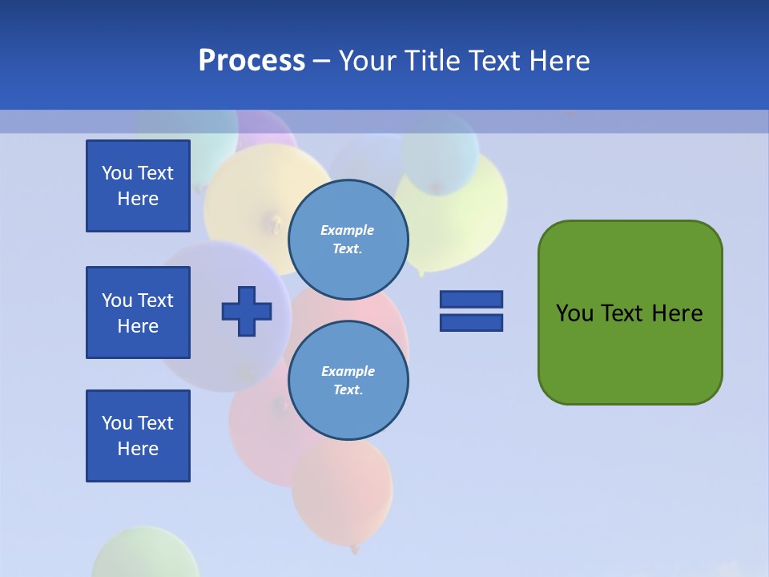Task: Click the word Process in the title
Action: click(x=252, y=61)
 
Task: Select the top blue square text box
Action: click(x=138, y=186)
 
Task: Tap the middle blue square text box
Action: click(x=138, y=313)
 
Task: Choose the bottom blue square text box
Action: click(x=138, y=436)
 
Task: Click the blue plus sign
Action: click(x=247, y=311)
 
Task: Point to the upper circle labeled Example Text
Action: click(x=348, y=239)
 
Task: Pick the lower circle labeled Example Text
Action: click(x=348, y=380)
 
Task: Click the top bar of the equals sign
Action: click(x=471, y=299)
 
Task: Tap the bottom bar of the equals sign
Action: click(x=471, y=322)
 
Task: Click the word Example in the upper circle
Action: click(x=348, y=230)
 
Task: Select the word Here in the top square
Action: click(x=138, y=199)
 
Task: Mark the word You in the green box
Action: click(x=574, y=313)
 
